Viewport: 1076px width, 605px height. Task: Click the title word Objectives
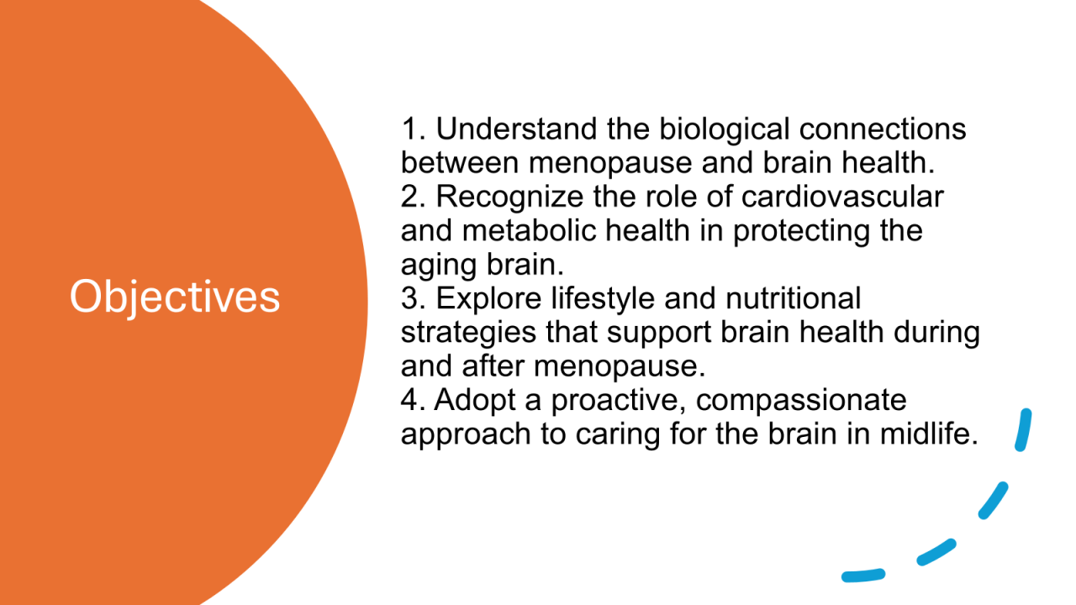click(175, 297)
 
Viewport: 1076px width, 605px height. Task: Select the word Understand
click(516, 129)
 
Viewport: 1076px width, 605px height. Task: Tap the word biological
click(725, 130)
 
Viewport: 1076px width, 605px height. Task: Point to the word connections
click(883, 129)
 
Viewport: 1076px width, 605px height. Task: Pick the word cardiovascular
click(842, 197)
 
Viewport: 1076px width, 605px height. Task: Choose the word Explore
click(488, 298)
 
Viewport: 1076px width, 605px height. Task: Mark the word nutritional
click(793, 298)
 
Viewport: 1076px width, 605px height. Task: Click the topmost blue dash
click(1023, 429)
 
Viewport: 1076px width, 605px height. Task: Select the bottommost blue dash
click(863, 576)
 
